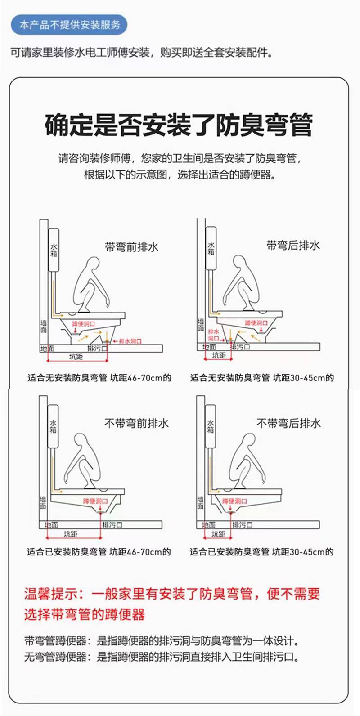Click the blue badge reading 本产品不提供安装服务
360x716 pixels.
coord(69,25)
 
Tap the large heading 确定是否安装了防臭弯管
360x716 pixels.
coord(179,125)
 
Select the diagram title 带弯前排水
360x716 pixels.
coord(131,247)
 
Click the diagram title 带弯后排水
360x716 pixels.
coord(293,245)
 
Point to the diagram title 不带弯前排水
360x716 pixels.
coord(136,424)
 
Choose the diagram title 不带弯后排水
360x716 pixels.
coord(288,423)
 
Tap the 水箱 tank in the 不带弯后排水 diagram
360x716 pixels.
coord(210,426)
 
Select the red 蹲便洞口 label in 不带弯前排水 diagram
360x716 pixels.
coord(95,501)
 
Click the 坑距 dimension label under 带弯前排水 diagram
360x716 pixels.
coord(76,356)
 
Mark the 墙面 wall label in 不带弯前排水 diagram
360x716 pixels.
coord(43,503)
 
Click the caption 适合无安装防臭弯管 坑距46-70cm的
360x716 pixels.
coord(99,378)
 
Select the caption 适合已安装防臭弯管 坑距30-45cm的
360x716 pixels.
coord(261,551)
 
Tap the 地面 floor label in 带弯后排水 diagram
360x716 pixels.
coord(209,347)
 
